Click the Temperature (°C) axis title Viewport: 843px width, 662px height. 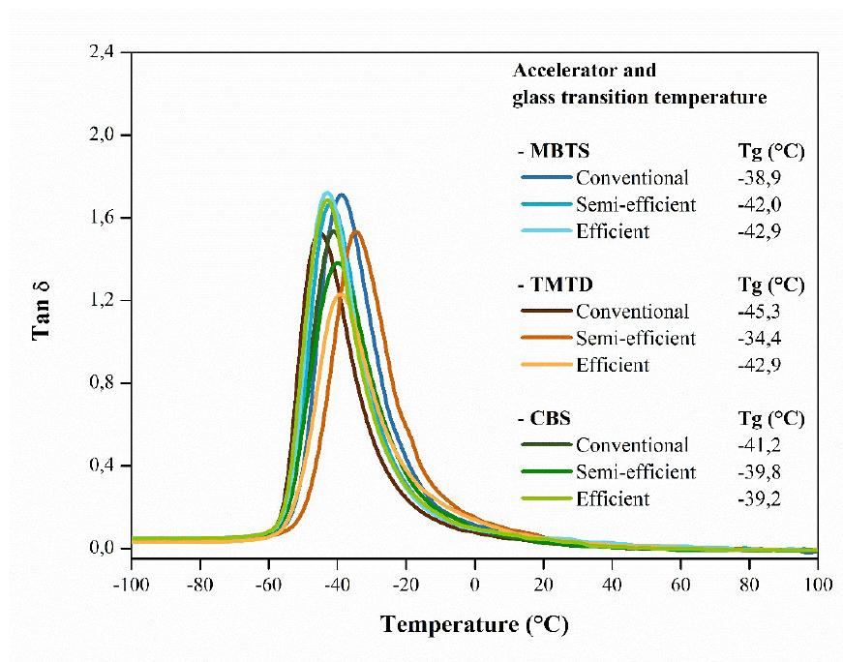(x=474, y=624)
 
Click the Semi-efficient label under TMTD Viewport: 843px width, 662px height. (x=635, y=339)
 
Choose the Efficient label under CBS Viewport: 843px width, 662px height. (x=612, y=499)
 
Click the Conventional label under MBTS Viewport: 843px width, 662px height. (x=632, y=178)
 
